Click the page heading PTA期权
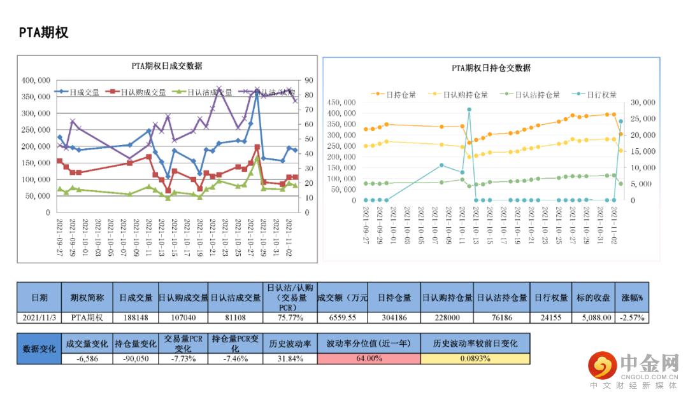coord(43,32)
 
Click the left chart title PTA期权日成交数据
coord(166,66)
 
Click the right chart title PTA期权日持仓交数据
coord(491,68)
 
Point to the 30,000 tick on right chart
coord(641,102)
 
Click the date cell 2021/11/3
coord(39,317)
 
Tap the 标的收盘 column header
coord(596,298)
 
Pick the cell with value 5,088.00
coord(596,317)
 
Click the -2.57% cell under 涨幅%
coord(632,317)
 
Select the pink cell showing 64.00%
coord(369,358)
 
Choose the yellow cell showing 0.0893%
coord(475,358)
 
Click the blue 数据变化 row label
coord(39,349)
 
